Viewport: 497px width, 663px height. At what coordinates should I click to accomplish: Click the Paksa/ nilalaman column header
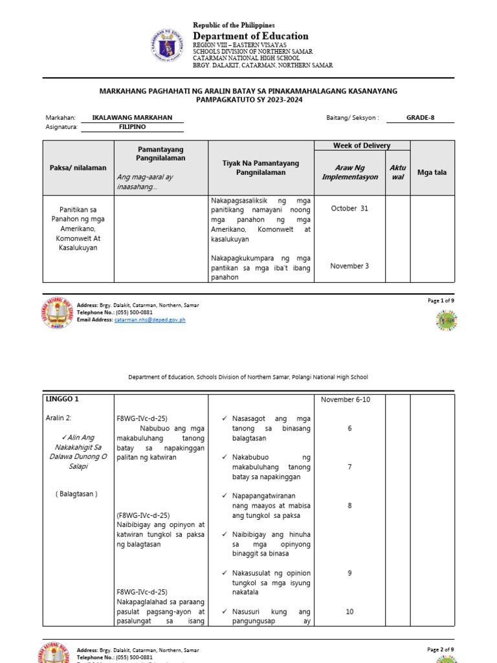78,168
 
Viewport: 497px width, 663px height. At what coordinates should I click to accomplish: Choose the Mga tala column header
432,172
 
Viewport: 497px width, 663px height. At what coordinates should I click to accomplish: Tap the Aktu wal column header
397,172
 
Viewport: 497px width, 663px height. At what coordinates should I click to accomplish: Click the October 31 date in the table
349,208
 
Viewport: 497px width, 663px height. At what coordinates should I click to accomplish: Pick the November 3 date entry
349,266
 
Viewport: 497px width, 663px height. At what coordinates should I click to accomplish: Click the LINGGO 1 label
63,399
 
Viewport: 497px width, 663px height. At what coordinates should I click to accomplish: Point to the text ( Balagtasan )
76,494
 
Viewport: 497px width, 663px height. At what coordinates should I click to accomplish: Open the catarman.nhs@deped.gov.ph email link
150,320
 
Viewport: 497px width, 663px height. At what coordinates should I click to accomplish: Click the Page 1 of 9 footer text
440,300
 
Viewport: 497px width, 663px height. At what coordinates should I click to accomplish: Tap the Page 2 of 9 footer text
440,649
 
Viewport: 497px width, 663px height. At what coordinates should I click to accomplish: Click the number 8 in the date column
349,506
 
